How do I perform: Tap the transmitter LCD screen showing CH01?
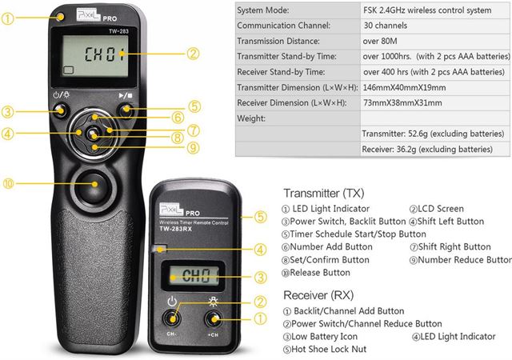point(95,56)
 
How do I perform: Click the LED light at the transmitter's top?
point(61,16)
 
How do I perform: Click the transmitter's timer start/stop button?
point(126,110)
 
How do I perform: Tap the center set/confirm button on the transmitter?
point(93,134)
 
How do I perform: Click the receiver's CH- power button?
point(172,318)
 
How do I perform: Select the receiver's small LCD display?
point(194,276)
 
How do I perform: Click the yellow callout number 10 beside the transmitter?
point(8,183)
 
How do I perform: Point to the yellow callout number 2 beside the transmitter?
point(193,54)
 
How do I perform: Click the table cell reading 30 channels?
point(386,26)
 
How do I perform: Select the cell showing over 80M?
point(380,41)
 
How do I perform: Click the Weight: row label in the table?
point(251,118)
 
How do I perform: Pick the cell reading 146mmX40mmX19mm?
point(404,87)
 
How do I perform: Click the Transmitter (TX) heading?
point(323,193)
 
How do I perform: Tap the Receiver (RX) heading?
point(318,295)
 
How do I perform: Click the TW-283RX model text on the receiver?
point(176,229)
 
